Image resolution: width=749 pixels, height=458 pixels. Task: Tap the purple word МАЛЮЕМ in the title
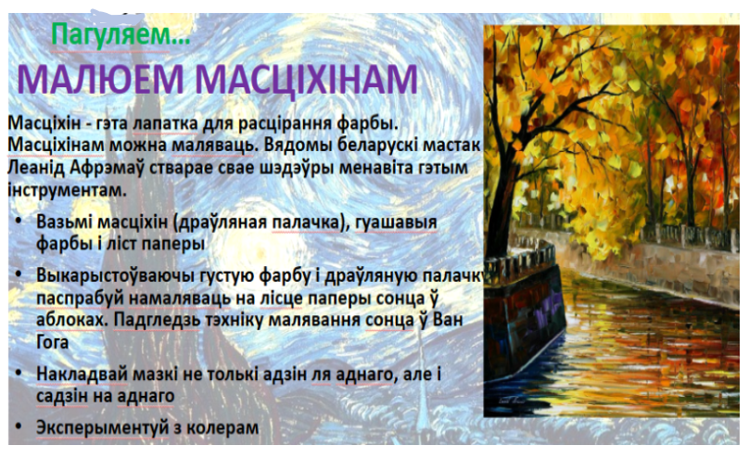tap(101, 80)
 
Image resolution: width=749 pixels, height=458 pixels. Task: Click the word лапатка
tap(165, 123)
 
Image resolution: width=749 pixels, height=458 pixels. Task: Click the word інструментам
tap(68, 190)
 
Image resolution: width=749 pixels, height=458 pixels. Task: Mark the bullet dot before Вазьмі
tap(19, 222)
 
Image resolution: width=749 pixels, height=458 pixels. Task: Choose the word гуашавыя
tap(396, 223)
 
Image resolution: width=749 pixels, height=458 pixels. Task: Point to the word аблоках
tap(70, 320)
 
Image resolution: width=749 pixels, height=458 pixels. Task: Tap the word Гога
tap(53, 342)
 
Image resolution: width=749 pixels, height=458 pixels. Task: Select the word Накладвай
tap(82, 374)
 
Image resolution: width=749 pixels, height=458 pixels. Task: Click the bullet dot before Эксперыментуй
tap(19, 426)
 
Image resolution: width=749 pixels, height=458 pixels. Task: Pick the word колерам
tap(222, 428)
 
